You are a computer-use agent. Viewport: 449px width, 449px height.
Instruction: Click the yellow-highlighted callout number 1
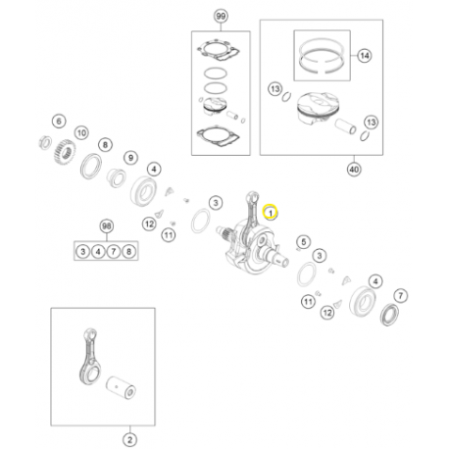[x=271, y=213]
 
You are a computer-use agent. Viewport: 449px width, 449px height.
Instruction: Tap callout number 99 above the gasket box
[x=221, y=16]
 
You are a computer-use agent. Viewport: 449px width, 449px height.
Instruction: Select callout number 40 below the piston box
[x=354, y=170]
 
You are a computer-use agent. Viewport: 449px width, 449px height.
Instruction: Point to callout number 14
[x=365, y=56]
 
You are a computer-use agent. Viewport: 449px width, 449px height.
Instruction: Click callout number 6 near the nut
[x=59, y=122]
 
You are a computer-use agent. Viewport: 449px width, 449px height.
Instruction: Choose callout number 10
[x=81, y=132]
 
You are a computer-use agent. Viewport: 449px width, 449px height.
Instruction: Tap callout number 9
[x=130, y=158]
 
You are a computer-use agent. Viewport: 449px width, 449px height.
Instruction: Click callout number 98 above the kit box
[x=107, y=226]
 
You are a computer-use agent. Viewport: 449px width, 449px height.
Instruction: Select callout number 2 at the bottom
[x=129, y=439]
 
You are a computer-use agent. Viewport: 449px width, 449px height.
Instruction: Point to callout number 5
[x=304, y=242]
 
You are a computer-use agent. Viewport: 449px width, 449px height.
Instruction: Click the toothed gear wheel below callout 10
[x=65, y=152]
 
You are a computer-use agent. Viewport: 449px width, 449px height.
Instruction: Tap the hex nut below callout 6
[x=45, y=142]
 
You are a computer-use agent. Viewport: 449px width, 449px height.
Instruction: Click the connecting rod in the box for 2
[x=90, y=356]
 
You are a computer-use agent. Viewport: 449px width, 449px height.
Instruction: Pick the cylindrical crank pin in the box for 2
[x=121, y=387]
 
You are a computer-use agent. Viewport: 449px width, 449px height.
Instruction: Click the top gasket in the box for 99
[x=218, y=51]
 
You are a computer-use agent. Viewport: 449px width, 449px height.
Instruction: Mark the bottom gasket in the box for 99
[x=218, y=137]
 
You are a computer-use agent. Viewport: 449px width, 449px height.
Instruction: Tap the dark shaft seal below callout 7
[x=389, y=315]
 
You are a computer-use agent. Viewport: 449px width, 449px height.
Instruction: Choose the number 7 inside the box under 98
[x=114, y=252]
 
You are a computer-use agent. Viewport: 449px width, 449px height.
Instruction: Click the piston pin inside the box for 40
[x=345, y=126]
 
